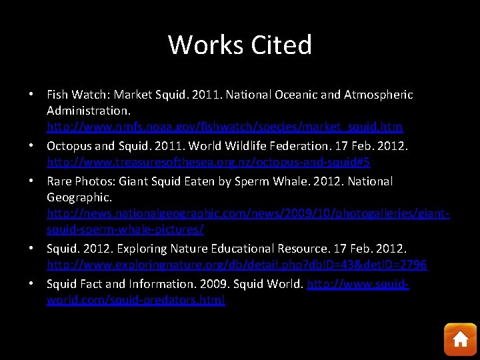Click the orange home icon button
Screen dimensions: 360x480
click(x=460, y=339)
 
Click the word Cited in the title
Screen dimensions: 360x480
click(x=281, y=45)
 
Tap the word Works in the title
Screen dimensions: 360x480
click(x=206, y=45)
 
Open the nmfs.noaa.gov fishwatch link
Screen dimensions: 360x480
click(x=225, y=126)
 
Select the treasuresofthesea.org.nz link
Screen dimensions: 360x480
click(x=209, y=162)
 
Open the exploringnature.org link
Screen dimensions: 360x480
click(x=237, y=265)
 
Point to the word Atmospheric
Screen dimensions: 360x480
click(x=378, y=95)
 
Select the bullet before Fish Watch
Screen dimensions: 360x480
click(x=32, y=95)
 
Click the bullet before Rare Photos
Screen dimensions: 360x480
click(x=32, y=181)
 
